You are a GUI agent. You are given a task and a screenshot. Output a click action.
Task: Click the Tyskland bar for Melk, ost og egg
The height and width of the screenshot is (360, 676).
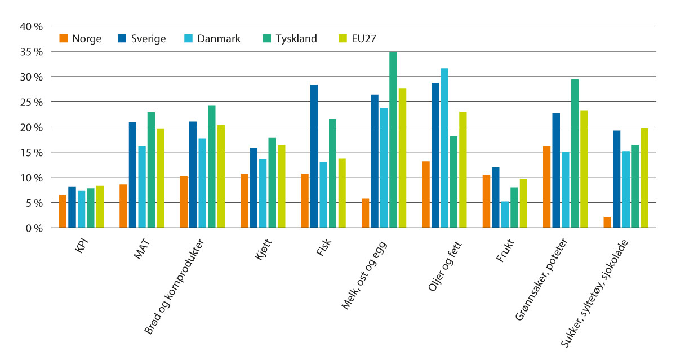point(393,140)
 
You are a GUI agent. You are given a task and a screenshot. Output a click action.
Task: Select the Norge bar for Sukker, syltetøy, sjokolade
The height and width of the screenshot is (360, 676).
point(607,223)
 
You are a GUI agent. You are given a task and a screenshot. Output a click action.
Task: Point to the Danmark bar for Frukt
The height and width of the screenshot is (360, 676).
point(505,215)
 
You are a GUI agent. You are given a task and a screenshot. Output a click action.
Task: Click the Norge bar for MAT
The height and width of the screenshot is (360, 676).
point(123,206)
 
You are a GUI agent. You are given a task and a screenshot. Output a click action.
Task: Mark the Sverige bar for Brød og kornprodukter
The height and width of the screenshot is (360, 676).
point(193,175)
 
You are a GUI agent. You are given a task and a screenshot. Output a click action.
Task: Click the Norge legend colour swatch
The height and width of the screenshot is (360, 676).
point(63,39)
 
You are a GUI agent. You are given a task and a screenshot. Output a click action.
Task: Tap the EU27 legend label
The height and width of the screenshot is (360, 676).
point(364,39)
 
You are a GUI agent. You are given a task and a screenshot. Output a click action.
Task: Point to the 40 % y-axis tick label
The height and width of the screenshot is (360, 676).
point(31,26)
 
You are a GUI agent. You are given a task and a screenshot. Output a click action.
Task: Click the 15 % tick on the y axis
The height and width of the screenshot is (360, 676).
point(31,153)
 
